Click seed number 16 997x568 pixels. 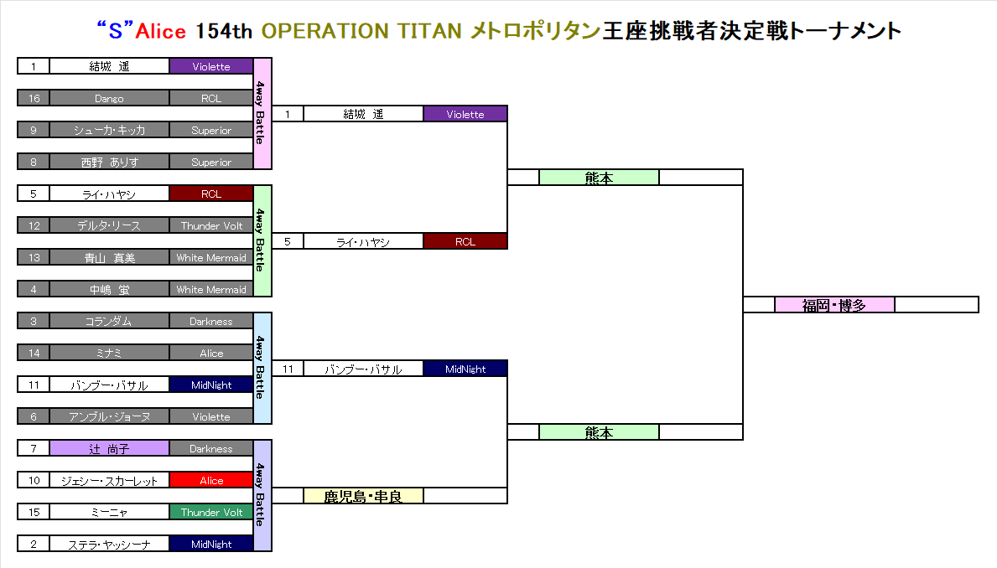(34, 99)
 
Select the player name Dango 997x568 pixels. (109, 99)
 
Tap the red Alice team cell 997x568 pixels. (211, 480)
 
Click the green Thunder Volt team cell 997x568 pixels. (211, 512)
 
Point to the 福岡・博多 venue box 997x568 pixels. (834, 305)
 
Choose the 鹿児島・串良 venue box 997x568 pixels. (363, 496)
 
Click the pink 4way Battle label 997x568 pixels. (262, 114)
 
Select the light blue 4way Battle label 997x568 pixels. (262, 368)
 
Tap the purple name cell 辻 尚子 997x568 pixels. (109, 448)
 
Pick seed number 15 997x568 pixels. (34, 512)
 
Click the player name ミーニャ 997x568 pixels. (109, 512)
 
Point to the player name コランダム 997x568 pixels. (109, 322)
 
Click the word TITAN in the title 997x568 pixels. (429, 30)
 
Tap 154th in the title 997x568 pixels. (224, 30)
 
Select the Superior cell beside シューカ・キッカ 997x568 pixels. (211, 130)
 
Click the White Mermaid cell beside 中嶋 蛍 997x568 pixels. (211, 289)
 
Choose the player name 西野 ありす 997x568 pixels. (109, 162)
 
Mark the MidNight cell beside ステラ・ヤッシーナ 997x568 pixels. (211, 544)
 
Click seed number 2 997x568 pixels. (34, 544)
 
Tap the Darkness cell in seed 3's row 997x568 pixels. (211, 322)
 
